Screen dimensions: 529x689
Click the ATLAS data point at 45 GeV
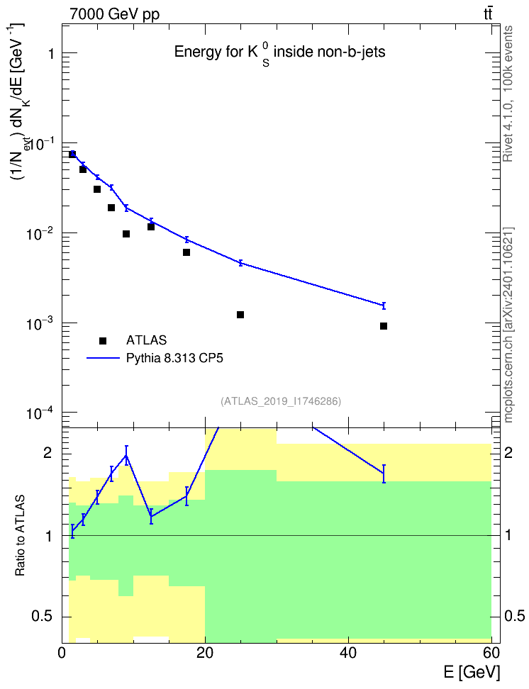coord(384,326)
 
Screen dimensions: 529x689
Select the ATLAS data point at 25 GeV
coord(240,315)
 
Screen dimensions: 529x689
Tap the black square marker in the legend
coord(103,340)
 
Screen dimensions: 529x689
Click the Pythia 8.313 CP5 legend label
coord(174,358)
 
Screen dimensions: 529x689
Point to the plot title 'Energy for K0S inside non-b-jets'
coord(279,52)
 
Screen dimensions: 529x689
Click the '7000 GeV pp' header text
coord(114,14)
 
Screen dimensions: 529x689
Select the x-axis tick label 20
coord(205,653)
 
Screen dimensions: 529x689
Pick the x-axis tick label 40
coord(348,653)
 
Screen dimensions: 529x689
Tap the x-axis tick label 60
coord(491,653)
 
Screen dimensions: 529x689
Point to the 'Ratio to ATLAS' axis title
coord(20,536)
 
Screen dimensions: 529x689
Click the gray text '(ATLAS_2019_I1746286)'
coord(281,401)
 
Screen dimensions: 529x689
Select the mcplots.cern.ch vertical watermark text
coord(508,325)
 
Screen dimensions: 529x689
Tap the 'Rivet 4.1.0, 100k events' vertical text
coord(508,94)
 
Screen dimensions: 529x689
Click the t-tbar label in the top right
coord(488,13)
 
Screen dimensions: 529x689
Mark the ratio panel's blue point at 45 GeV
coord(384,474)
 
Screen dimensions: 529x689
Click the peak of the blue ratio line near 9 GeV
coord(127,455)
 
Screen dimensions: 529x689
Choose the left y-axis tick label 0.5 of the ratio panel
coord(43,617)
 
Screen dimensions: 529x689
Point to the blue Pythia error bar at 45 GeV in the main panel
coord(384,306)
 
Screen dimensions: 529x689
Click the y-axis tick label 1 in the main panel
coord(52,54)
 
